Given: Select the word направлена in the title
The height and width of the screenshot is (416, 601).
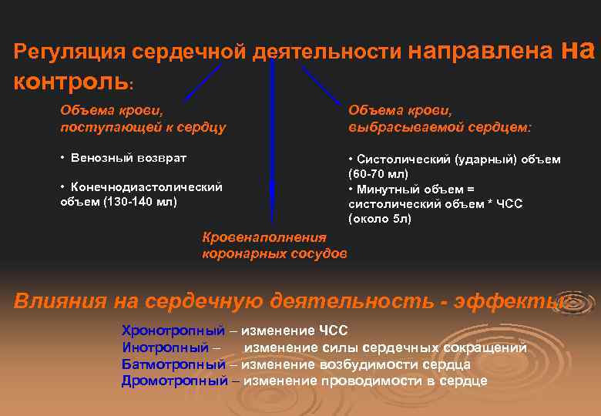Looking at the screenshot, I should pos(480,51).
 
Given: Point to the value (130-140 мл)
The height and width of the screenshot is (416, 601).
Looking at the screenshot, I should pos(138,202).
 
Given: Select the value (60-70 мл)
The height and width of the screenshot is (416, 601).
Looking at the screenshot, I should pos(378,174).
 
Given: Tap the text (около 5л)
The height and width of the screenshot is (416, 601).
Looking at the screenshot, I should pos(380,219).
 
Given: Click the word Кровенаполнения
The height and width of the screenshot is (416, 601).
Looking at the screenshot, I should pos(264,238).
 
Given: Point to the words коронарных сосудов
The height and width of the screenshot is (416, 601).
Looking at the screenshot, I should pos(274,253).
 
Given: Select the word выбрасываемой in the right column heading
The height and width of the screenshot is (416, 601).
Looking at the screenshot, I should pos(400,126).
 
